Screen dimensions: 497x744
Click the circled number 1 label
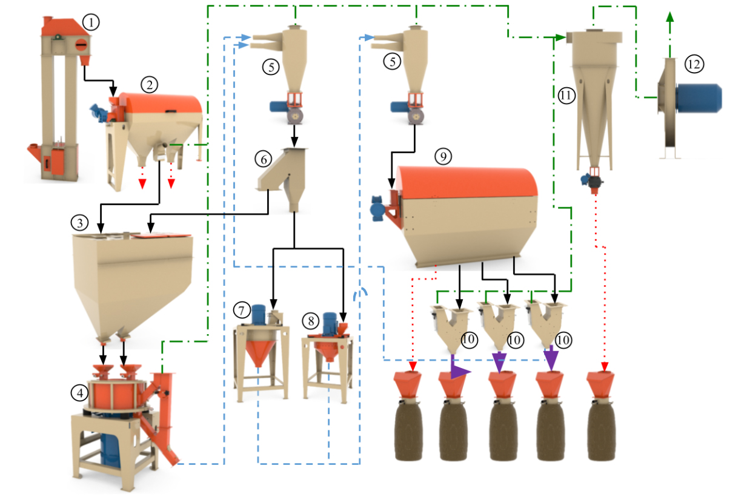tap(91, 23)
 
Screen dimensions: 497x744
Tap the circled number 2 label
tap(148, 84)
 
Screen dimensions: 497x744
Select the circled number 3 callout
tap(79, 223)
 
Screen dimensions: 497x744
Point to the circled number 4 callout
tap(79, 393)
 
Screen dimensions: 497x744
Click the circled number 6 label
tap(263, 159)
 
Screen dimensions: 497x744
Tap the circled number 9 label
tap(443, 157)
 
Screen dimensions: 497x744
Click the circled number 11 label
tap(566, 96)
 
